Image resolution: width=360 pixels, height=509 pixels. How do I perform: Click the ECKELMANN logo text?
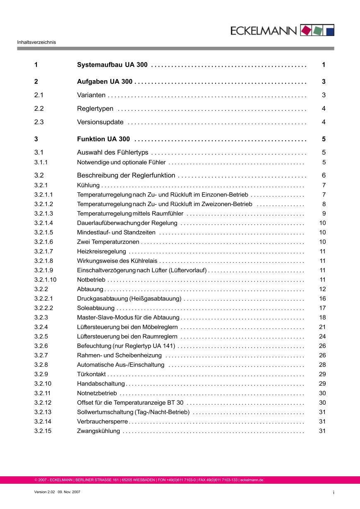point(264,31)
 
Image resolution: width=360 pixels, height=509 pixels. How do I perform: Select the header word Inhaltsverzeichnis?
point(36,42)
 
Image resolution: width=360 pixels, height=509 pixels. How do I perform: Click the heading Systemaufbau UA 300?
point(113,65)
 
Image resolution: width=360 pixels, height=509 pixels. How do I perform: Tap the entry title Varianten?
point(91,95)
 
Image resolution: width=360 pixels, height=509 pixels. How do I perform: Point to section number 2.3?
point(39,122)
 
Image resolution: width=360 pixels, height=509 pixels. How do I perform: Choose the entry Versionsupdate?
point(100,122)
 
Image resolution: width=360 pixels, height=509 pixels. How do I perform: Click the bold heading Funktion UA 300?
point(103,139)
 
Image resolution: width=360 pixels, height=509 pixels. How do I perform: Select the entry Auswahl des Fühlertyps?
point(113,153)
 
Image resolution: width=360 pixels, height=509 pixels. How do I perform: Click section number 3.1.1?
point(41,163)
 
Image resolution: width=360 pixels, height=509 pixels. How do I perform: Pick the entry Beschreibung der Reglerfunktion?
point(126,175)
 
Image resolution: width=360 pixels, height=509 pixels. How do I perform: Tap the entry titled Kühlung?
point(88,185)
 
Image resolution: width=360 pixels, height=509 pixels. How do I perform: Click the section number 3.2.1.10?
point(46,280)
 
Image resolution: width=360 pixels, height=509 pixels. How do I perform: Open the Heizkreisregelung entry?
point(101,252)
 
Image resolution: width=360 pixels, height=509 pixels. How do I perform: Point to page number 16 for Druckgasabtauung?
point(322,299)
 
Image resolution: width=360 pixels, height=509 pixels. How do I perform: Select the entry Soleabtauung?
point(96,308)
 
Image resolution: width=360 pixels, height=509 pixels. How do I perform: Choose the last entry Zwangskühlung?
point(98,431)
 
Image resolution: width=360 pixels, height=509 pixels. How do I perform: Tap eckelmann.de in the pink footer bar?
point(252,480)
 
